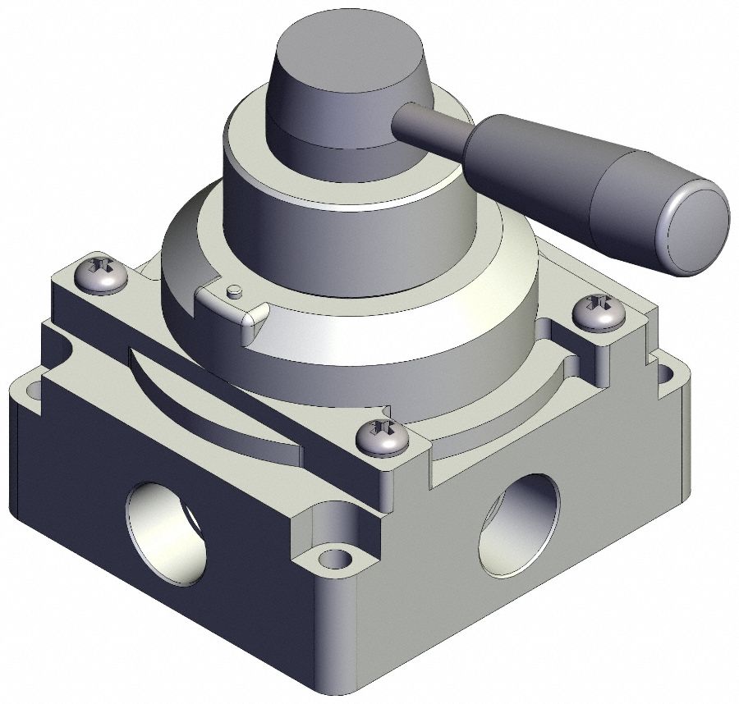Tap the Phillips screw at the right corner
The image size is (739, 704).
pyautogui.click(x=601, y=313)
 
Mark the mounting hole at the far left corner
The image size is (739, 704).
pyautogui.click(x=30, y=385)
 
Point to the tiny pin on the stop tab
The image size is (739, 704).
pyautogui.click(x=235, y=290)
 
